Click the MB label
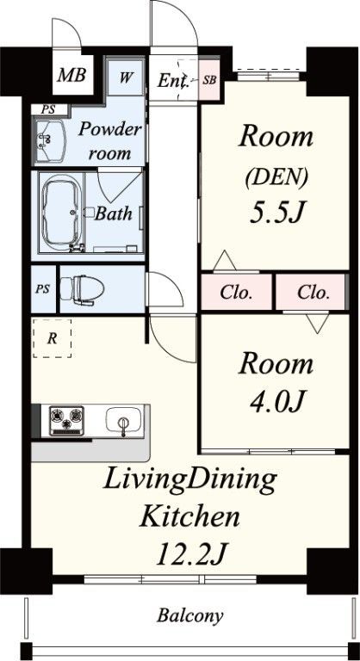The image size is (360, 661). tap(71, 76)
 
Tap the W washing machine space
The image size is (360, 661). tap(126, 77)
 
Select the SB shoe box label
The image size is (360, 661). tap(209, 80)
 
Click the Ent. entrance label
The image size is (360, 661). tap(172, 81)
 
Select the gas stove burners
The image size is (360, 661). tap(66, 420)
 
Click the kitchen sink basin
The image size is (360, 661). tap(123, 419)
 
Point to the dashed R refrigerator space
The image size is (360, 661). tap(52, 338)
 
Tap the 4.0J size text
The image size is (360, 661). tap(276, 401)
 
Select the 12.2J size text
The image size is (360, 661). tap(192, 555)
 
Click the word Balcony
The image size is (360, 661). tap(190, 616)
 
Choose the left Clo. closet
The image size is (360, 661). tap(236, 292)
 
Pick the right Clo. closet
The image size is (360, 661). tap(312, 292)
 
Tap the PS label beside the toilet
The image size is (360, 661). tap(42, 289)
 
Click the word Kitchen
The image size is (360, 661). tap(190, 516)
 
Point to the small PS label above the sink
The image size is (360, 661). tap(48, 109)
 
